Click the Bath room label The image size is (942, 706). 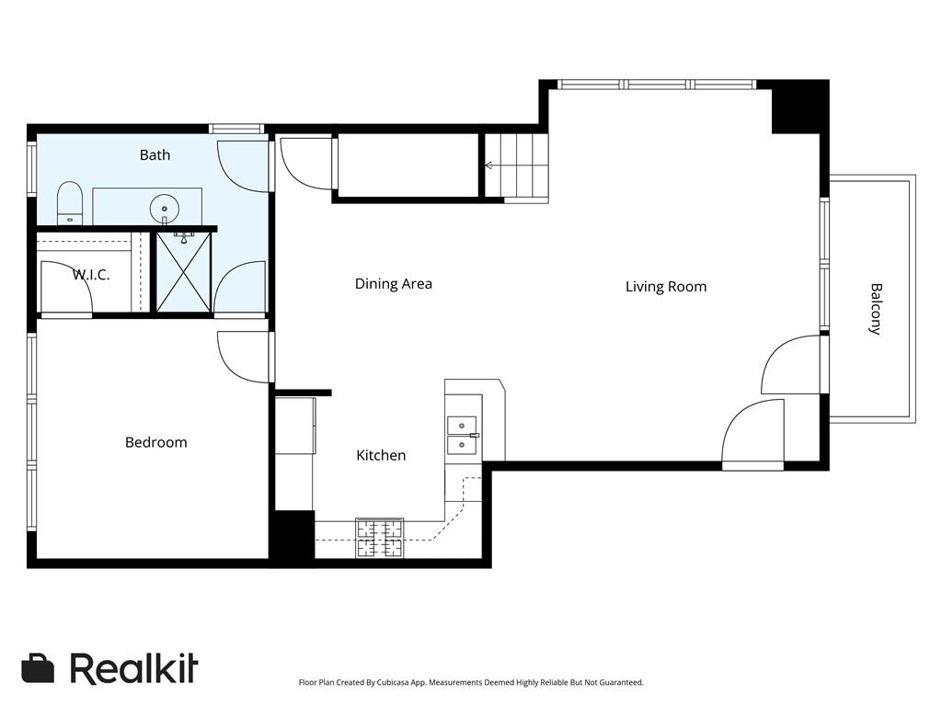[x=155, y=154]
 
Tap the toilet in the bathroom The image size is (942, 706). [x=70, y=203]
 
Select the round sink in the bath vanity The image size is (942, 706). [x=166, y=205]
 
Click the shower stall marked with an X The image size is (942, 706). [x=183, y=272]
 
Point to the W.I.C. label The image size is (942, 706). [x=91, y=275]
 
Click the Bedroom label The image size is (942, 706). [x=155, y=442]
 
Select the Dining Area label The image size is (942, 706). [x=393, y=283]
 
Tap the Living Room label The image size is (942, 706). [x=666, y=287]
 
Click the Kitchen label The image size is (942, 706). [x=381, y=455]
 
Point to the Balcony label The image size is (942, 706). [x=875, y=308]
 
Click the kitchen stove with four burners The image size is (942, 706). [x=380, y=539]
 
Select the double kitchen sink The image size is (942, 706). [x=462, y=435]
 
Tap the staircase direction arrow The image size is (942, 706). [x=489, y=166]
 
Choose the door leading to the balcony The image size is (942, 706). [x=791, y=366]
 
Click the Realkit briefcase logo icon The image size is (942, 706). [x=38, y=668]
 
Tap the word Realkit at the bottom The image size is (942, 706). [x=134, y=668]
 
